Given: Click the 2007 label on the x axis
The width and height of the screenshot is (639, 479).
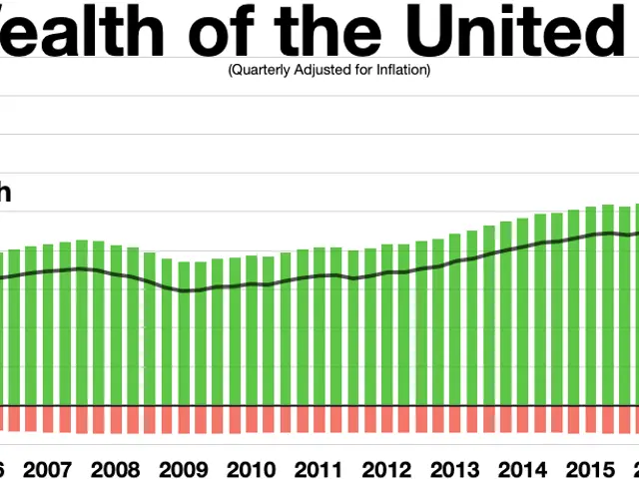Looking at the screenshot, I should (47, 469).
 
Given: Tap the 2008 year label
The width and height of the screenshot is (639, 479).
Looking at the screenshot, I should (115, 469).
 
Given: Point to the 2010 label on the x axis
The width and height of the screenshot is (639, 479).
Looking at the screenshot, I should (250, 469).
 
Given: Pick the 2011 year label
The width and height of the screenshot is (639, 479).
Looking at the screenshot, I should (318, 469).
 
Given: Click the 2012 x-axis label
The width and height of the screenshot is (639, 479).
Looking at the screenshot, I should (385, 469).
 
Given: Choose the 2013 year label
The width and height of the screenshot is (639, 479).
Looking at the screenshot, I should (453, 469).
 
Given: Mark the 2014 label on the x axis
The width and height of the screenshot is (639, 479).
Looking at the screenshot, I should (521, 469).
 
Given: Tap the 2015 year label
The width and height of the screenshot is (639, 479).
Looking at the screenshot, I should (589, 469).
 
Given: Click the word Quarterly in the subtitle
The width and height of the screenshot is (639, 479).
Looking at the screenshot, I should (256, 70).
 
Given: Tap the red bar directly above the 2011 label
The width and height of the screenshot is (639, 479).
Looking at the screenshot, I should (319, 419).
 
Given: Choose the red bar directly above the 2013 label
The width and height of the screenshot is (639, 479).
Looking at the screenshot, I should (454, 419).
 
